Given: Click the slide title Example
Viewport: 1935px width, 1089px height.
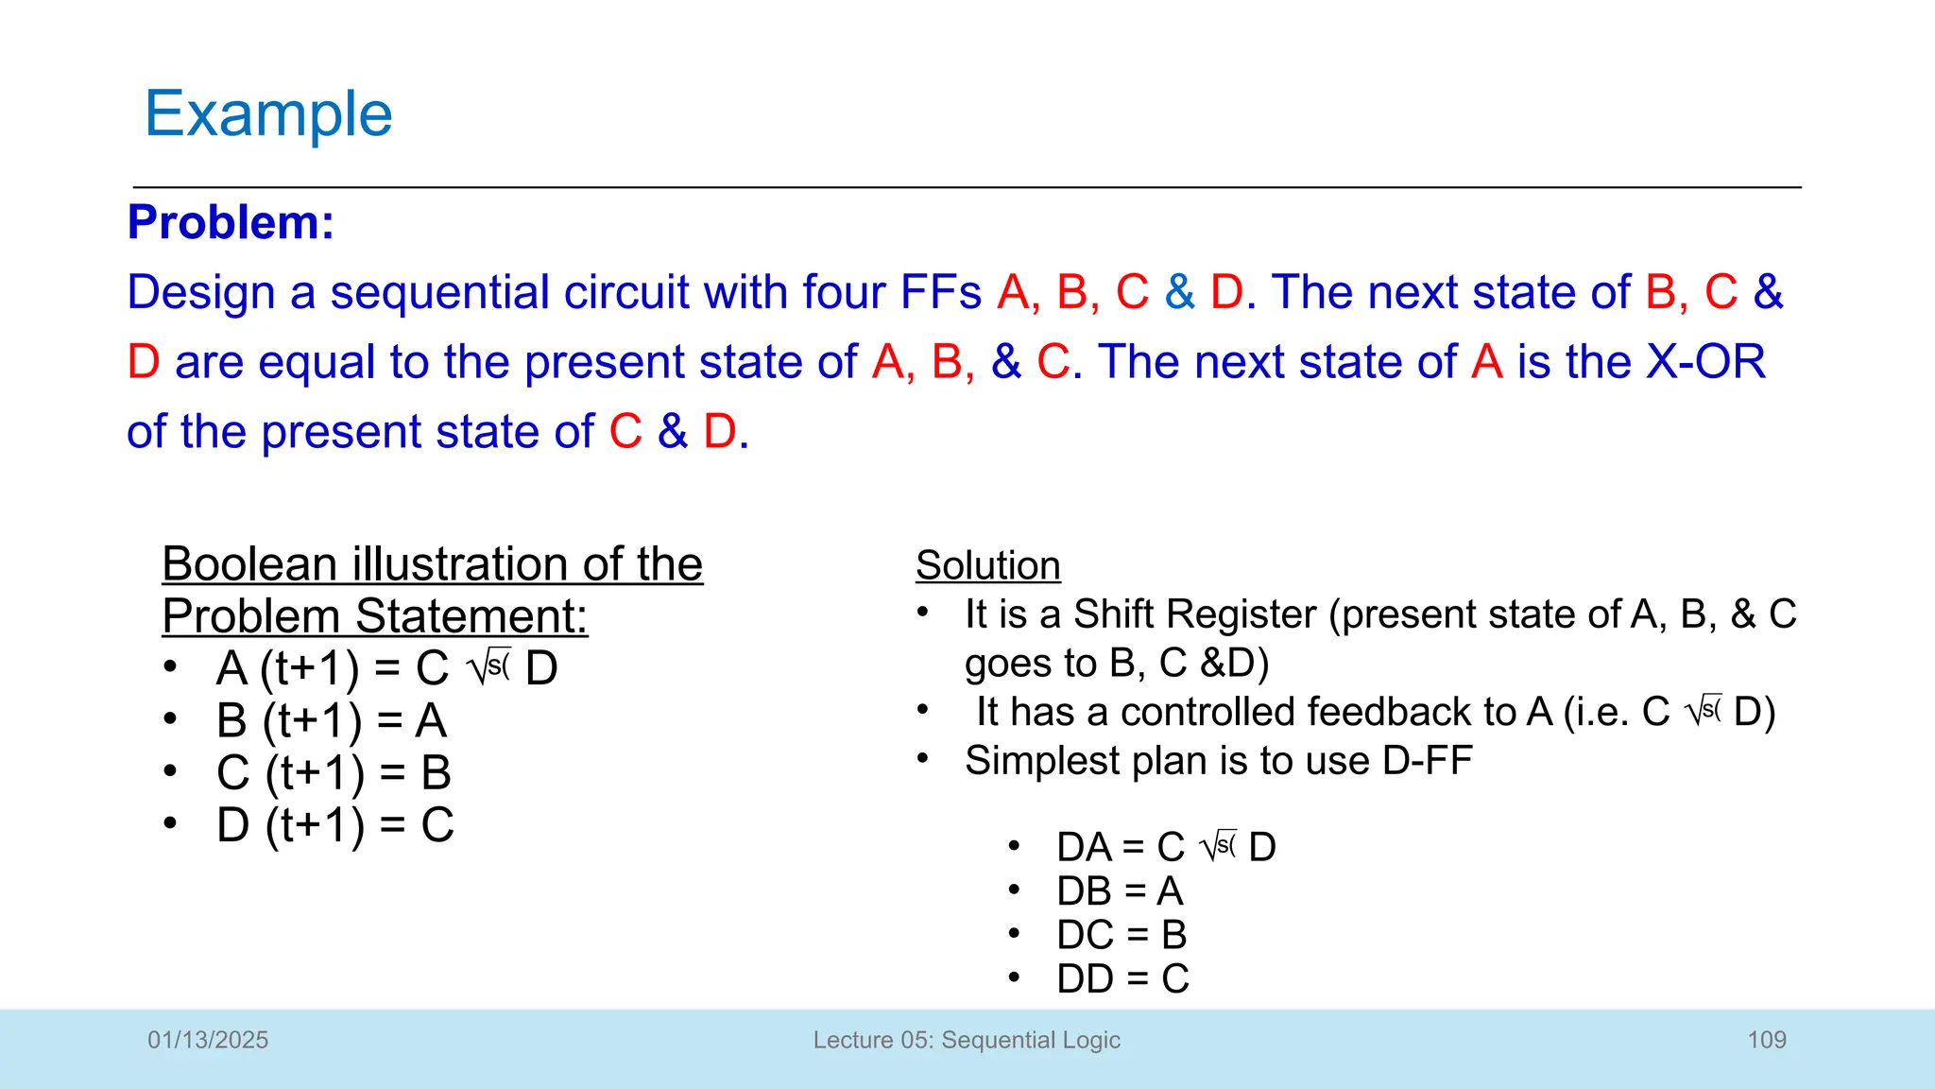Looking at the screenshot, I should click(x=268, y=114).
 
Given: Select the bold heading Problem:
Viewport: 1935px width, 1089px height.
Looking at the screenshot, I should click(x=231, y=223).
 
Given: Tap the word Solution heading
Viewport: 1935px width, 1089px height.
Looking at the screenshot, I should click(x=987, y=565).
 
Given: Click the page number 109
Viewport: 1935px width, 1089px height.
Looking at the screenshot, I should click(x=1766, y=1040).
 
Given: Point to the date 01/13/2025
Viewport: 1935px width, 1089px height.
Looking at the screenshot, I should click(x=208, y=1040).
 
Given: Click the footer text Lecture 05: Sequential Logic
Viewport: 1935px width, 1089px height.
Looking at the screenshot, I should click(x=967, y=1040).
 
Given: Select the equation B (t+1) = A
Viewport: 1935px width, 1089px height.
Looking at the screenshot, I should click(x=331, y=720).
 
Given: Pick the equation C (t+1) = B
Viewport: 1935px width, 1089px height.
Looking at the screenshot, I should click(x=334, y=772).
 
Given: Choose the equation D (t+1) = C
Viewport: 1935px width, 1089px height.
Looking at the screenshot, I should click(x=335, y=824).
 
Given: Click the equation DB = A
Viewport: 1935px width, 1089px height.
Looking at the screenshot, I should click(x=1120, y=890).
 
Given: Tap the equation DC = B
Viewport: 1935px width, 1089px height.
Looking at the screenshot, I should click(x=1122, y=935).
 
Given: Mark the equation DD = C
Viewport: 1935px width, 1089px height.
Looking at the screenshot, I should click(x=1122, y=979).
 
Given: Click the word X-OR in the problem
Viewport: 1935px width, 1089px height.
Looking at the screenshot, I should click(x=1705, y=362).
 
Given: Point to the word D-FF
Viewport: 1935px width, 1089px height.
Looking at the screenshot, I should click(x=1427, y=761).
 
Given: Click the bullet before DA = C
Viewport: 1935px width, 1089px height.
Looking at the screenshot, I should click(x=1014, y=845).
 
